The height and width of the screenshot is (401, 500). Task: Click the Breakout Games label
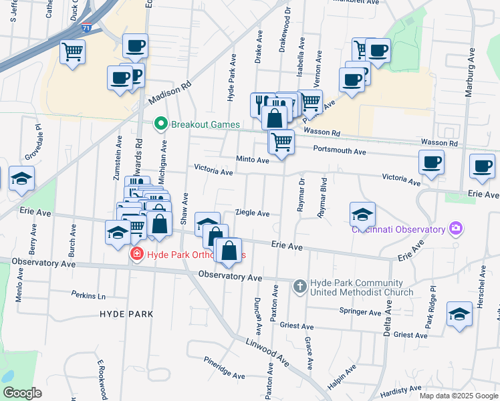click(x=200, y=124)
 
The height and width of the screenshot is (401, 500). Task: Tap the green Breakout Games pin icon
click(x=160, y=124)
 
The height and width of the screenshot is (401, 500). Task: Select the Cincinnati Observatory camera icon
click(x=455, y=229)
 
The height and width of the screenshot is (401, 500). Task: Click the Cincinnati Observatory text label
click(x=398, y=229)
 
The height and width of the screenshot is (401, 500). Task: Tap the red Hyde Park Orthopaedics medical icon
click(x=136, y=255)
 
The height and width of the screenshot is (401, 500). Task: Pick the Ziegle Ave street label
click(x=252, y=214)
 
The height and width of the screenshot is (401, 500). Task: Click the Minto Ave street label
click(x=252, y=160)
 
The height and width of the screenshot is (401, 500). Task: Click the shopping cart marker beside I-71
click(x=72, y=51)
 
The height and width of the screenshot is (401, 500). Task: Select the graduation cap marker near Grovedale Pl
click(x=21, y=178)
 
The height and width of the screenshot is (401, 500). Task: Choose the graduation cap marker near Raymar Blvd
click(x=362, y=213)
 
